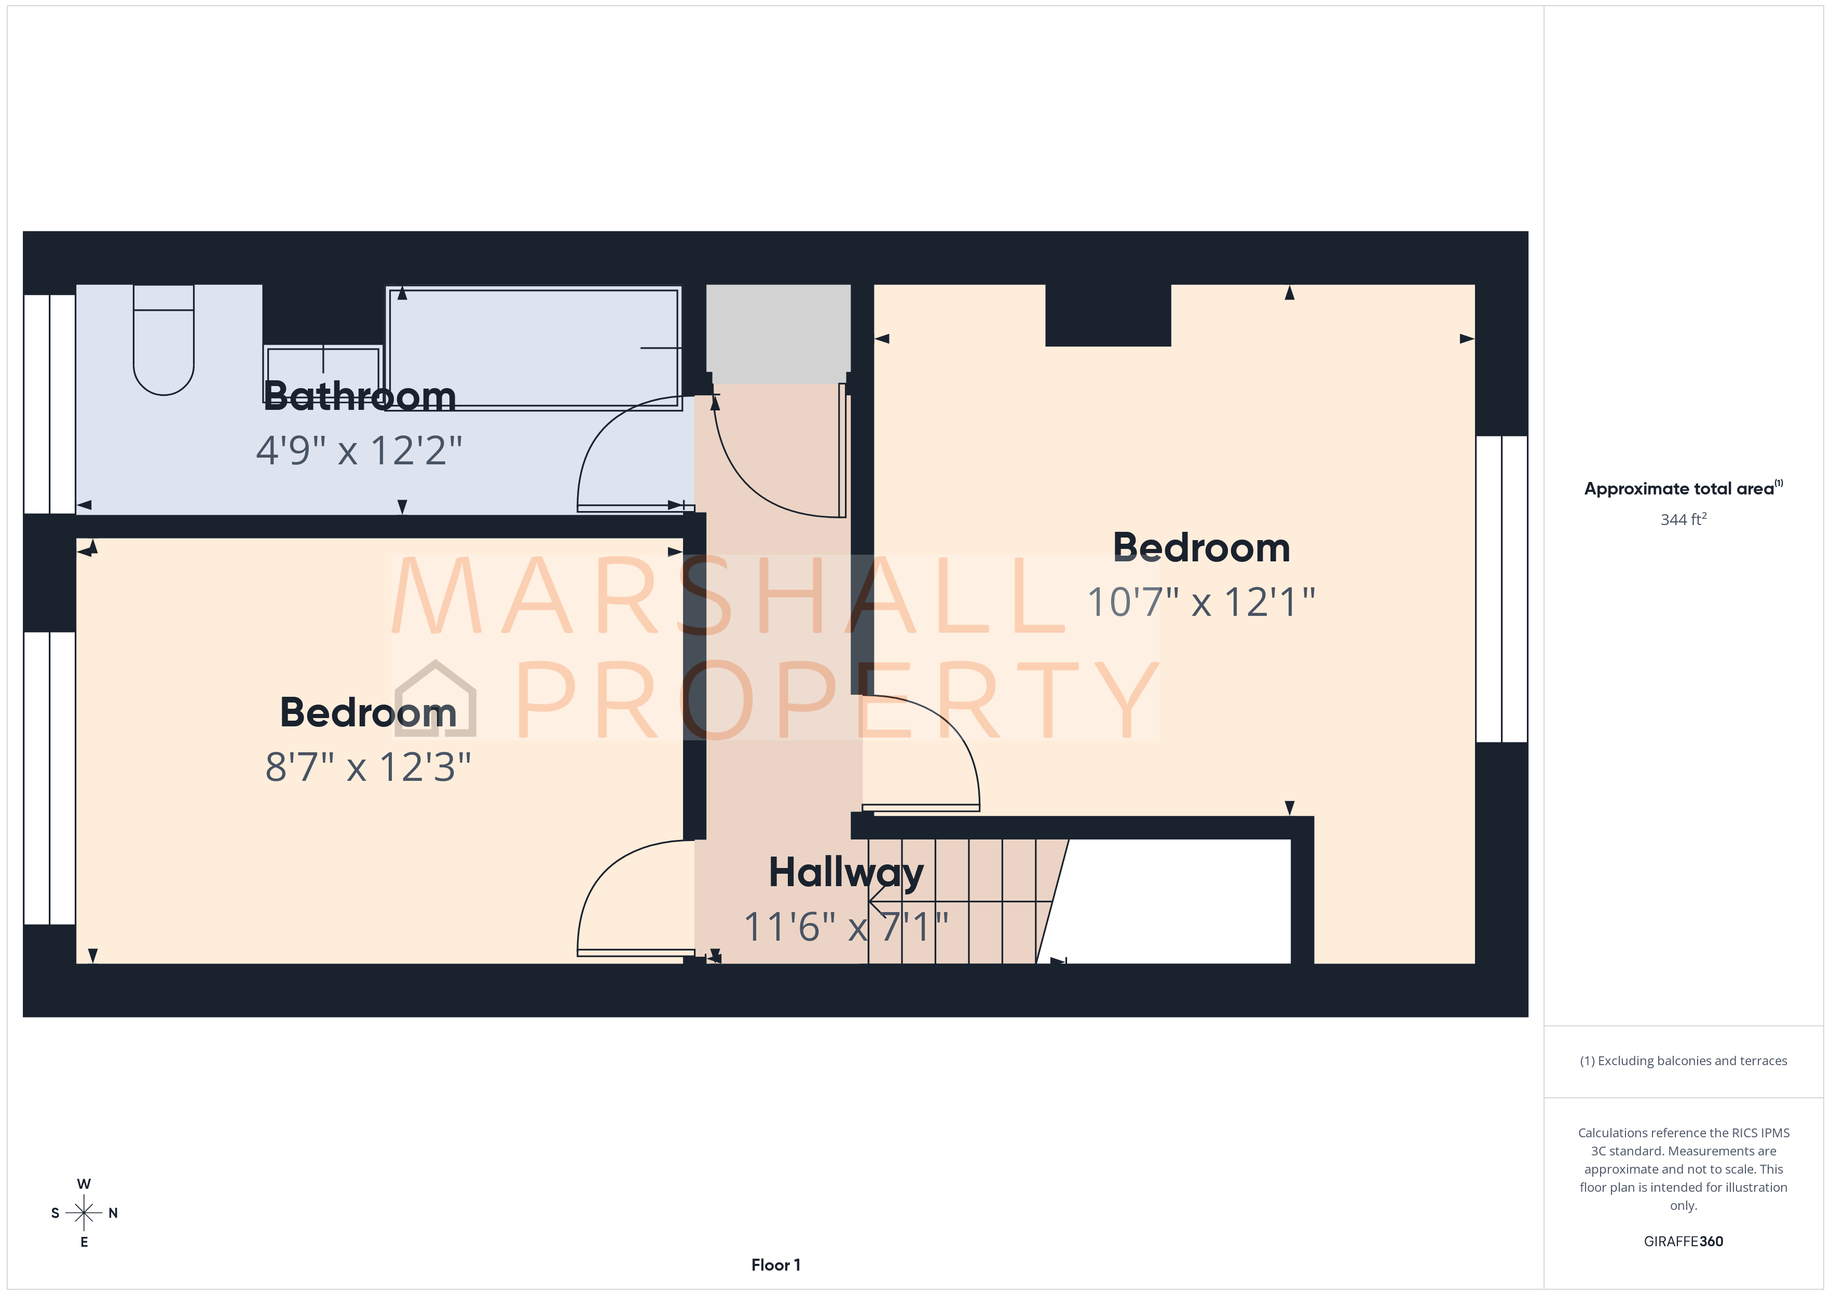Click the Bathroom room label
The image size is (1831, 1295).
click(x=360, y=396)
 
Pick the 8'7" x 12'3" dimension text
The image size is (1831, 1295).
click(x=367, y=767)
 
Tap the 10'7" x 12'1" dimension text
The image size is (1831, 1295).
click(x=1201, y=602)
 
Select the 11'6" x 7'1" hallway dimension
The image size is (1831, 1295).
click(x=846, y=927)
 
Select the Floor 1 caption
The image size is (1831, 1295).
click(x=775, y=1265)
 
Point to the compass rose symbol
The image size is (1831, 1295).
click(x=84, y=1213)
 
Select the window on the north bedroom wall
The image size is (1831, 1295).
click(x=1501, y=588)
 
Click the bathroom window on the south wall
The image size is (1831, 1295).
click(x=49, y=404)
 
